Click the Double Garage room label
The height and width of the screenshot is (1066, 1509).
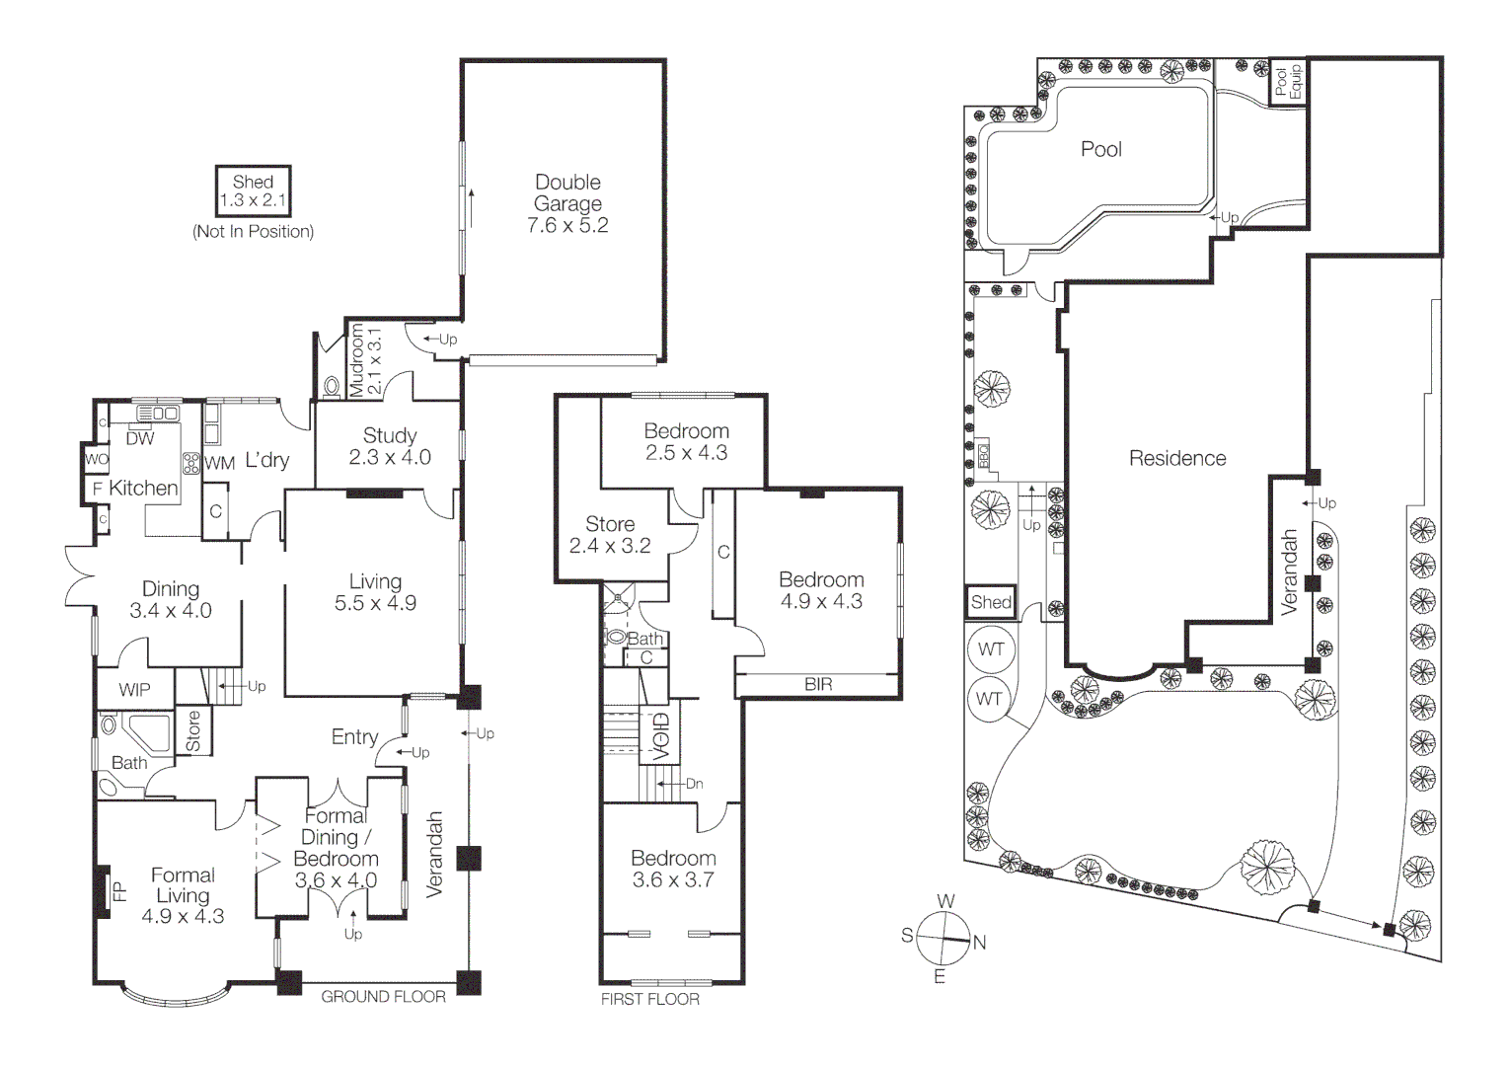(x=567, y=203)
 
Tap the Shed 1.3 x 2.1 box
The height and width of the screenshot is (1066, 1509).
(x=253, y=191)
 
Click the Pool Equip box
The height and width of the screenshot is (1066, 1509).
(x=1287, y=82)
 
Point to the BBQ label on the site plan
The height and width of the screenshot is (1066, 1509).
(x=984, y=455)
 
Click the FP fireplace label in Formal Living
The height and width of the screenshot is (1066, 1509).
(x=119, y=892)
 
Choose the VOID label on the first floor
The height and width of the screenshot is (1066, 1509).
(x=662, y=736)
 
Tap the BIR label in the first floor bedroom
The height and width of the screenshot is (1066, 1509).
(x=818, y=684)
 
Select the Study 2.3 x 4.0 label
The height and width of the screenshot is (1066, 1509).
(x=389, y=446)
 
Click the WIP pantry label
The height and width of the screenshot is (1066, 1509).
(x=134, y=690)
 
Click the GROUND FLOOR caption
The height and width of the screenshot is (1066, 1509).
(x=383, y=997)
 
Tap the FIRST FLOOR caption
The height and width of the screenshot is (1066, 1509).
(x=649, y=999)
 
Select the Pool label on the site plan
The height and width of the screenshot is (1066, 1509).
(x=1101, y=149)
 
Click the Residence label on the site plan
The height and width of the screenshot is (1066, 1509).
(x=1177, y=458)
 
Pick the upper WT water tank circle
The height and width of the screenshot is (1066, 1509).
(x=991, y=648)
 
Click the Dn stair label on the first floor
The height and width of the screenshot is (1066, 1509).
(x=694, y=784)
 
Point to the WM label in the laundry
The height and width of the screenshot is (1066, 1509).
(x=220, y=462)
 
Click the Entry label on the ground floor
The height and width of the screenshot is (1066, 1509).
(x=354, y=736)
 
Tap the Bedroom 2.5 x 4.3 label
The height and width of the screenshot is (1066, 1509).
(x=686, y=441)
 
